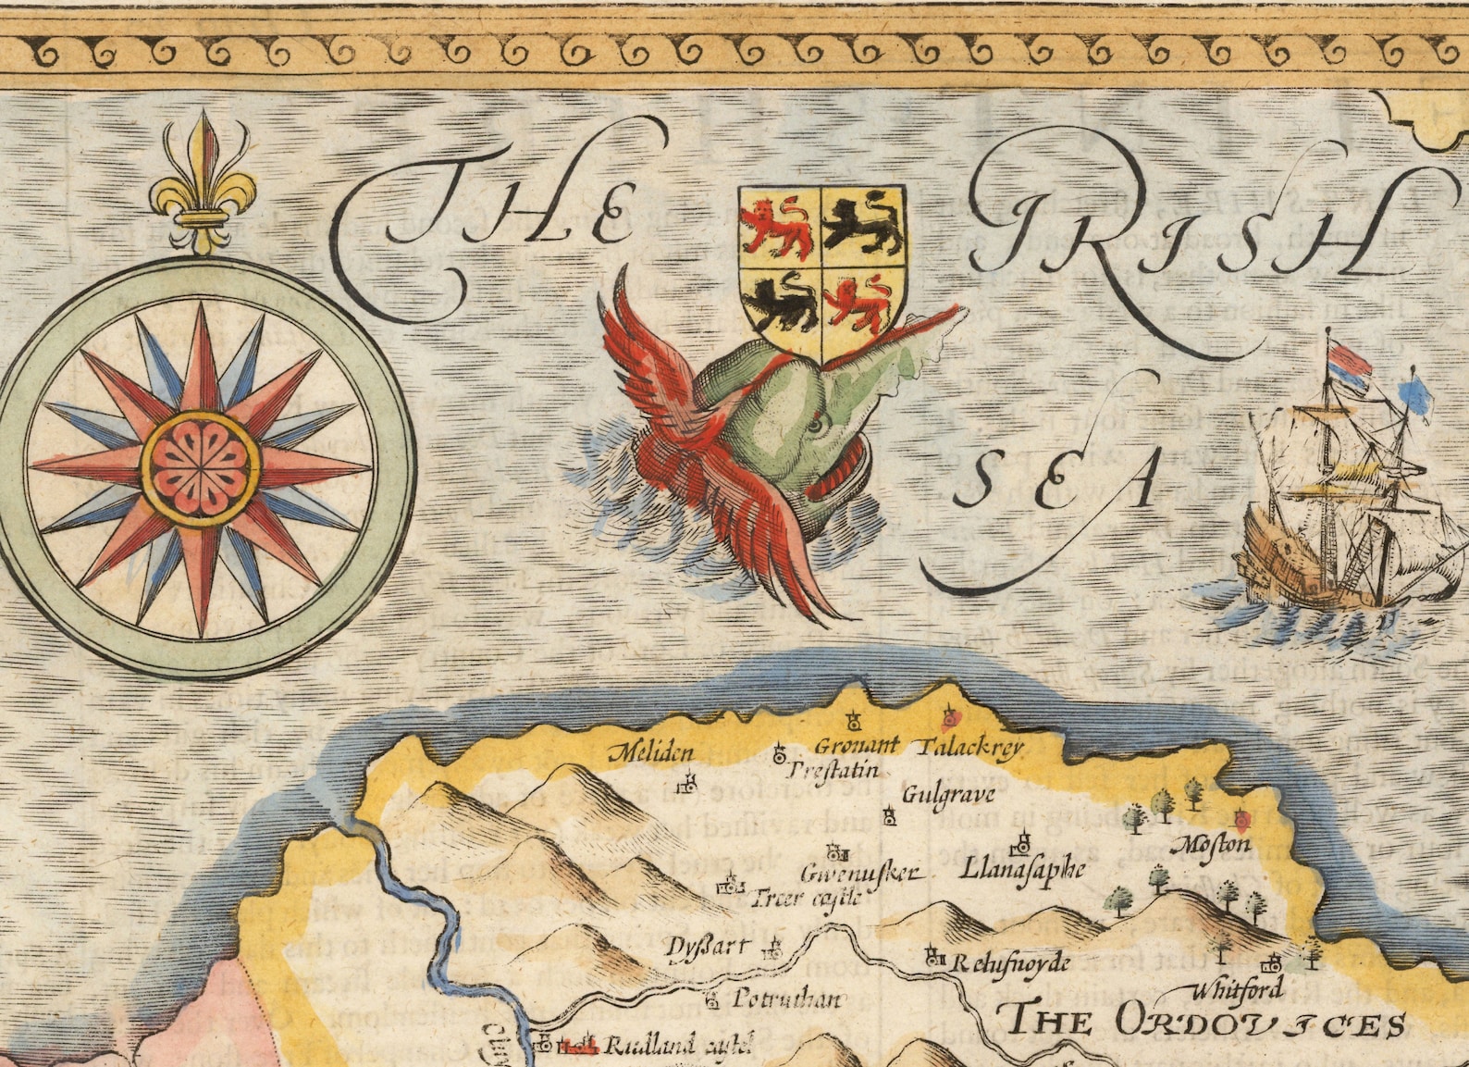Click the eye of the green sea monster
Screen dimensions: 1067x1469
coord(813,425)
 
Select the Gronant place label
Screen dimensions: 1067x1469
coord(856,745)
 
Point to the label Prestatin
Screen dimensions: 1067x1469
coord(833,770)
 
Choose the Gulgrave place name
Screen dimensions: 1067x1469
coord(948,794)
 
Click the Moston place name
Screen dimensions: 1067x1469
coord(1212,844)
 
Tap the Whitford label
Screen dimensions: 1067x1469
coord(1237,989)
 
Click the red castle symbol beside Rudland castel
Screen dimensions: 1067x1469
coord(578,1046)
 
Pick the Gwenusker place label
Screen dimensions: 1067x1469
coord(860,873)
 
